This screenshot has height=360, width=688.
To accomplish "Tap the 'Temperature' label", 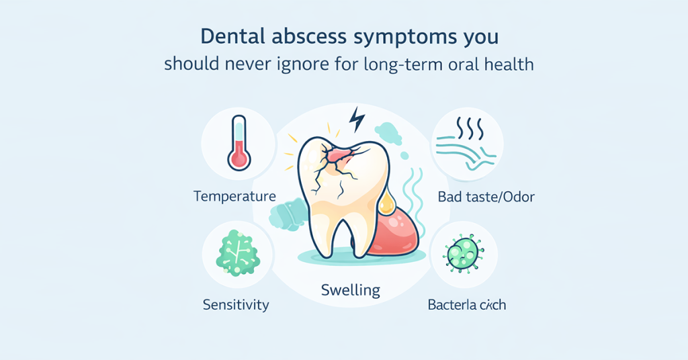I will coord(234,197).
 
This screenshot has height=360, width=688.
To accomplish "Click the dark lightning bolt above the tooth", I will coord(357,120).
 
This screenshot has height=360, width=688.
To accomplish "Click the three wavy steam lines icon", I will coord(468,126).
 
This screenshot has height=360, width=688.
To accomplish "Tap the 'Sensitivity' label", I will coord(236,304).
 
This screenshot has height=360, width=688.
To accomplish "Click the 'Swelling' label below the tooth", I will coord(350,291).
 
